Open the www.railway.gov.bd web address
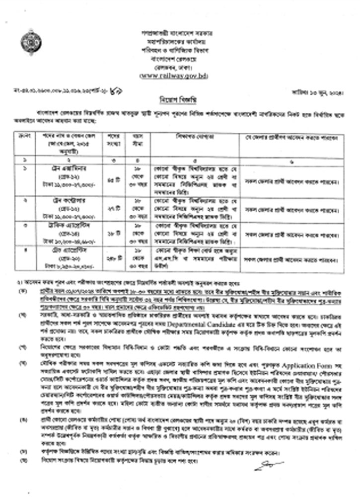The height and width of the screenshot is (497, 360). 181,75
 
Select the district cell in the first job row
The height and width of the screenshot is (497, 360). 293,178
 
